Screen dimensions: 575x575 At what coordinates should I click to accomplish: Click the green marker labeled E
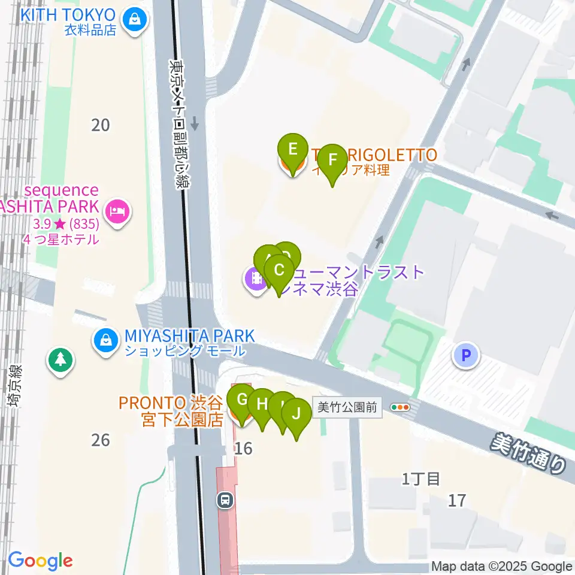(292, 149)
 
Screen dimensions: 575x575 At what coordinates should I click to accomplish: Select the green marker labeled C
(279, 270)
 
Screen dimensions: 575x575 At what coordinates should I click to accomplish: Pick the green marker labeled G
(243, 399)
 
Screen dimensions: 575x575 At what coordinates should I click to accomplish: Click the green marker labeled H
(262, 404)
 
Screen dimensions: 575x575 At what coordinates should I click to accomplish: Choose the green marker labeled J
(296, 413)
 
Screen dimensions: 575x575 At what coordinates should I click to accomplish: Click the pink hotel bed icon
(117, 211)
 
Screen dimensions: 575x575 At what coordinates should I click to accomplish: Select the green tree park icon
(60, 360)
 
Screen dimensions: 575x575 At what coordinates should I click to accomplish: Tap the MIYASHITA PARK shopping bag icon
(105, 341)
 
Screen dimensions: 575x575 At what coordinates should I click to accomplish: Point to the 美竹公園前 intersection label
(347, 408)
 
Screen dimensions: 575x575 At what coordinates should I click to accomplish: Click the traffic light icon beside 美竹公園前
(400, 408)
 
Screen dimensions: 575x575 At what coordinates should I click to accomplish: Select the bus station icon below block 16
(225, 499)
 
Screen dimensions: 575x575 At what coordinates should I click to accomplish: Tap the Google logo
(40, 561)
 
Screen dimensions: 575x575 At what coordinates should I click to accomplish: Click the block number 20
(101, 125)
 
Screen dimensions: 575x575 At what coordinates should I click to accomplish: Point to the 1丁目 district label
(421, 479)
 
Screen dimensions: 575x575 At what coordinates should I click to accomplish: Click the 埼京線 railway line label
(15, 386)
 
